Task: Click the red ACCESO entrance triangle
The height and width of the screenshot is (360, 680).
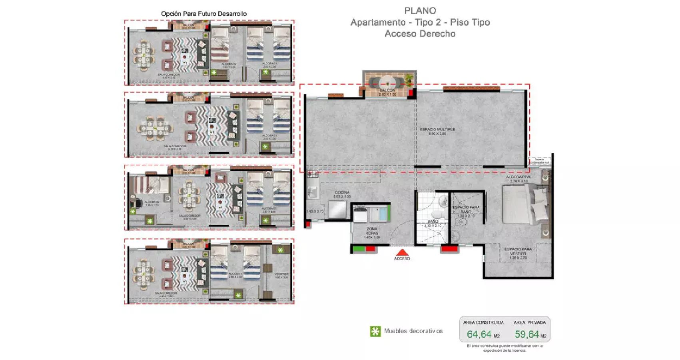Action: [x=402, y=252]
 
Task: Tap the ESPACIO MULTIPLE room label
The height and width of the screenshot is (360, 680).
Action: [x=437, y=130]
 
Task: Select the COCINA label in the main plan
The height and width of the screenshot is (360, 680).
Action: [x=342, y=192]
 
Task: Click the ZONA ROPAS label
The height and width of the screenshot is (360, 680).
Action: [x=372, y=231]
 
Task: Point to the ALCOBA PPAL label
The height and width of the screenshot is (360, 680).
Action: [x=518, y=177]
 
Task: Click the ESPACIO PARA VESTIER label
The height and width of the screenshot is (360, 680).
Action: [x=518, y=251]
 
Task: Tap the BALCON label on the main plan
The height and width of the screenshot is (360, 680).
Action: [x=387, y=90]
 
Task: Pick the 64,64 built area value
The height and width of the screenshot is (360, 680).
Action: [x=479, y=334]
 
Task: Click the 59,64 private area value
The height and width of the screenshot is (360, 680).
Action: [x=526, y=334]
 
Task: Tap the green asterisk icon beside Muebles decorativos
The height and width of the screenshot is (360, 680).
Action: [x=375, y=331]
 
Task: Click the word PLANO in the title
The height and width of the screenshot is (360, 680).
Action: [x=420, y=11]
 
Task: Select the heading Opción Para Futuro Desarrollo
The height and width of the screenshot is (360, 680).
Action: [x=204, y=14]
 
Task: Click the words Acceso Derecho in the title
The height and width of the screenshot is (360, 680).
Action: [x=420, y=34]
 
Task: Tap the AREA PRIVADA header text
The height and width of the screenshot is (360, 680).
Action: [x=529, y=322]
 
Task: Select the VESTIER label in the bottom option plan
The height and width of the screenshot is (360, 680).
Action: [x=281, y=274]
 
